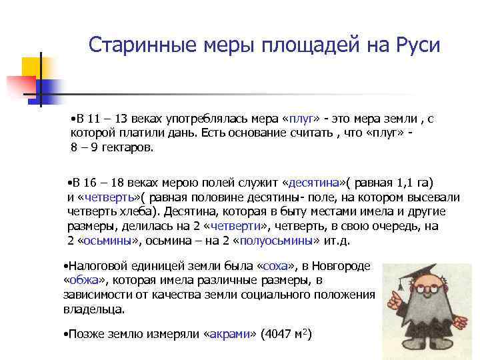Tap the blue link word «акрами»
click(x=227, y=333)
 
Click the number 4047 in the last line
click(x=278, y=333)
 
